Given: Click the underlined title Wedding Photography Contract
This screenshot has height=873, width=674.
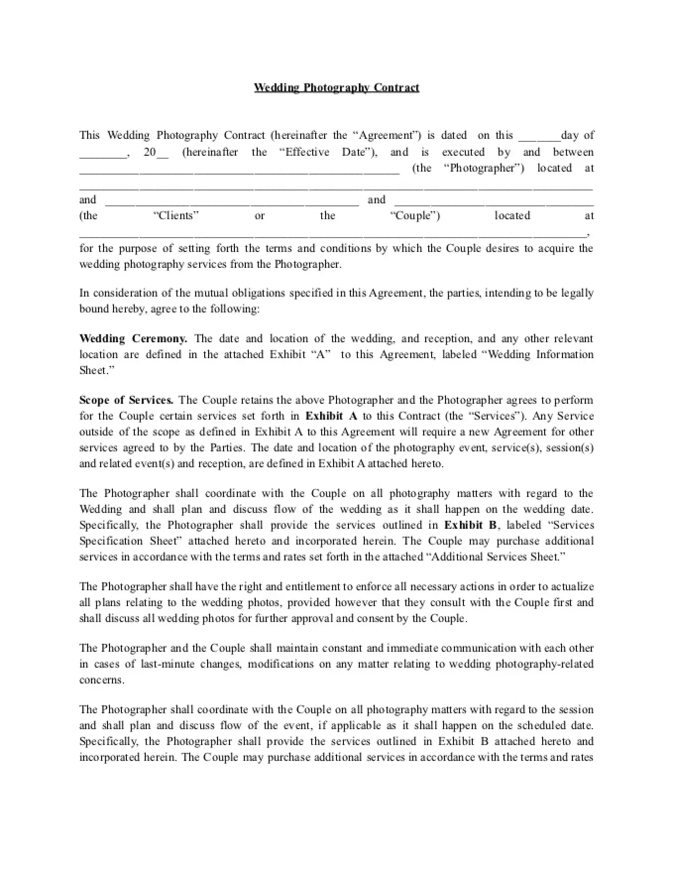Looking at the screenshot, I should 337,88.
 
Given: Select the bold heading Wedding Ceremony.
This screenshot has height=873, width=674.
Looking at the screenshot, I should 133,339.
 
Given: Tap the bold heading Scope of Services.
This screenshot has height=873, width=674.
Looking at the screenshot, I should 126,400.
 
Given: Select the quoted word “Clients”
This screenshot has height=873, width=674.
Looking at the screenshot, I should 176,216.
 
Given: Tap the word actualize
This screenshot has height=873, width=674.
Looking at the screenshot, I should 571,587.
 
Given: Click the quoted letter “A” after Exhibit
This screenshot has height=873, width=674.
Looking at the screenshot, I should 320,355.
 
